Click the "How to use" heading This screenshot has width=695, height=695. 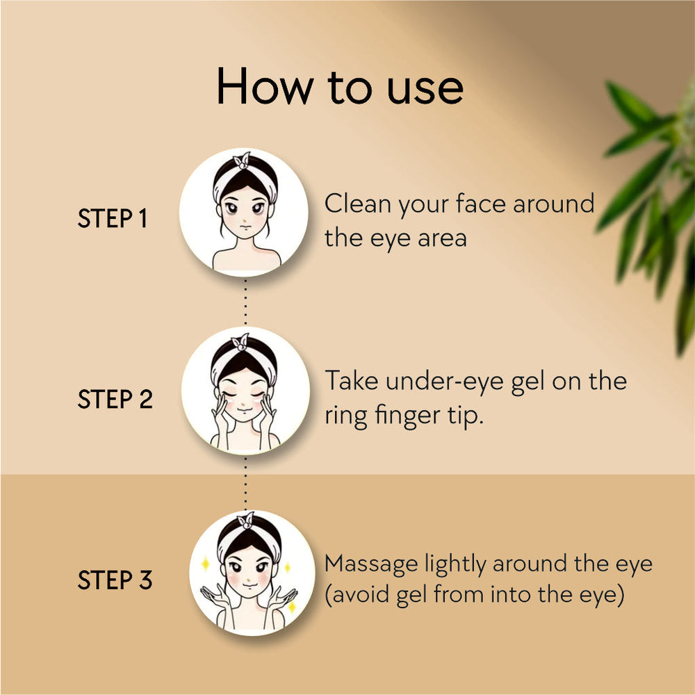click(340, 86)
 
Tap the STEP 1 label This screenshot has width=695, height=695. click(112, 218)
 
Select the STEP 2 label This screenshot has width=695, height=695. click(115, 399)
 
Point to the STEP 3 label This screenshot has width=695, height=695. click(115, 580)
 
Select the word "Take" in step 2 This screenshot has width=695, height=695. click(352, 381)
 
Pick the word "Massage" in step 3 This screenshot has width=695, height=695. click(371, 565)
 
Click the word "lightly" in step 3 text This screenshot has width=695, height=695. click(455, 564)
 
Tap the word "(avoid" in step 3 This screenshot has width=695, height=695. click(357, 595)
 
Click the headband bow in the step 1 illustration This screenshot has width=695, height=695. click(242, 161)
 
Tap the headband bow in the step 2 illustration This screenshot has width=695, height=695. click(240, 342)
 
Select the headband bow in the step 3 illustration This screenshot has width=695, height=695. click(245, 521)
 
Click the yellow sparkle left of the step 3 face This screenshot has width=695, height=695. click(205, 564)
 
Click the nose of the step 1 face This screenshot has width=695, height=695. click(244, 220)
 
